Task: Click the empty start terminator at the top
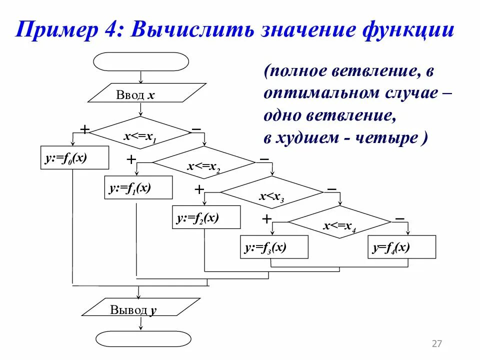[141, 61]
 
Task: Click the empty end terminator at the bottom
[143, 338]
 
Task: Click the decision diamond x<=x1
[140, 133]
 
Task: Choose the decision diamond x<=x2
[204, 163]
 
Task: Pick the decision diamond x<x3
[272, 192]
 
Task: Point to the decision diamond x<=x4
[339, 222]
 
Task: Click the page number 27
[436, 343]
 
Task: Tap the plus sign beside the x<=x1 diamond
[85, 129]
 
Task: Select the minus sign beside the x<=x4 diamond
[399, 218]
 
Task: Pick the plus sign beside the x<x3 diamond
[199, 189]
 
